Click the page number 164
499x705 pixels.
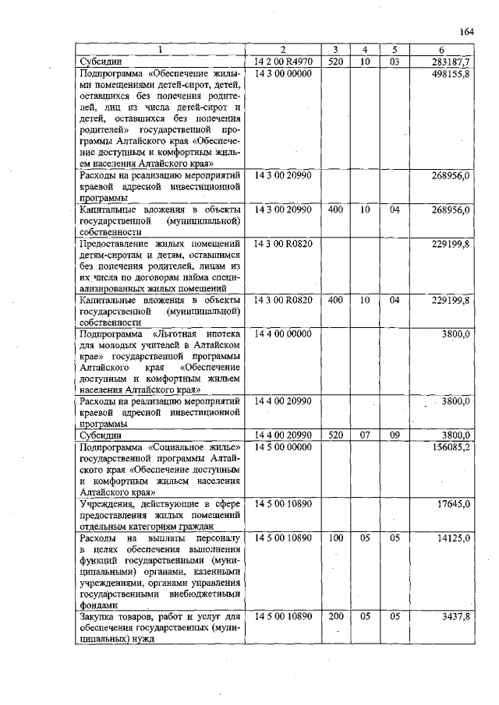(x=467, y=32)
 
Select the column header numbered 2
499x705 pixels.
(x=282, y=49)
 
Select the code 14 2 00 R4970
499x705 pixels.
(x=283, y=61)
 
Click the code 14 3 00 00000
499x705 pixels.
(x=283, y=72)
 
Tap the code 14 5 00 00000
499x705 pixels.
(x=283, y=447)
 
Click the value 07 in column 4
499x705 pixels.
(x=364, y=435)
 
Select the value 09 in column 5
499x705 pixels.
(x=395, y=435)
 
